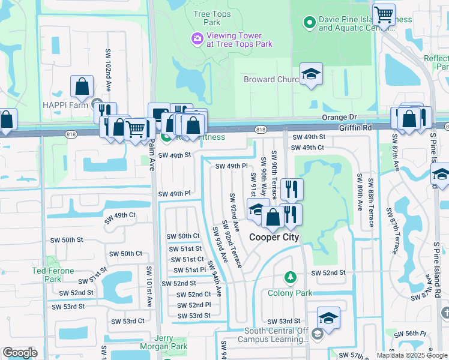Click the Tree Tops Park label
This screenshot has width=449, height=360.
coord(208,17)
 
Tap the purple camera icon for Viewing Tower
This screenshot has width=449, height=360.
coord(196,39)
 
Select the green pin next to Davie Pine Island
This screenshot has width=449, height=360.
coord(309,23)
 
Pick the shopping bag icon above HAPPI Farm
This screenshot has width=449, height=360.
coord(82,86)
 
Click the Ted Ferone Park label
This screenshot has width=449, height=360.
coord(53,275)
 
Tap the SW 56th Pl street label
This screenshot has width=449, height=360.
coord(414,333)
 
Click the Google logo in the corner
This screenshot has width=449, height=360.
coord(20,353)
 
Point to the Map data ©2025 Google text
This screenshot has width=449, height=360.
coord(411,355)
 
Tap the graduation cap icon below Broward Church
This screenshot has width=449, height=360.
coord(311,74)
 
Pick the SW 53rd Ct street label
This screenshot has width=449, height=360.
coord(124,320)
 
